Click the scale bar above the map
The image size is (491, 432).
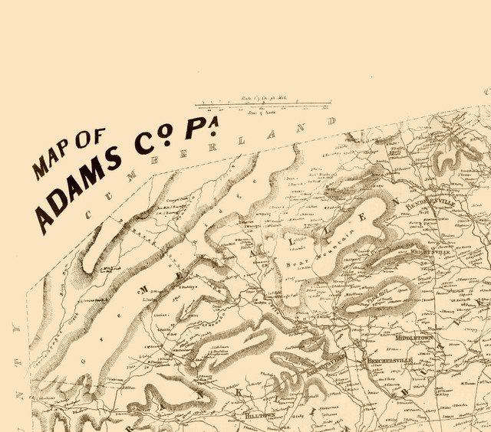[263, 104]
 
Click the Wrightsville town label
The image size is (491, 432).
[429, 251]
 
